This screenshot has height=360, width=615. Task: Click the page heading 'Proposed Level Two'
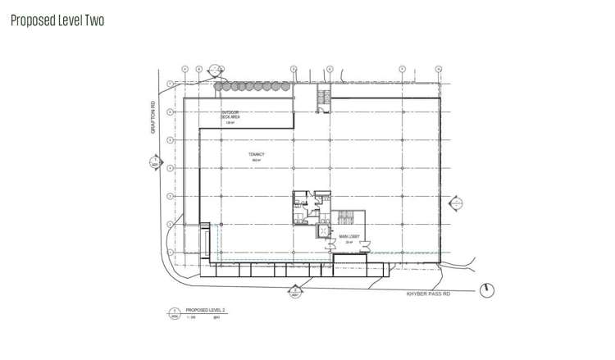pyautogui.click(x=57, y=20)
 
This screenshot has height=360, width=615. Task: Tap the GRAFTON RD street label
pyautogui.click(x=153, y=116)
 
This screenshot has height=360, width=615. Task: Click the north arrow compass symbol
pyautogui.click(x=490, y=290)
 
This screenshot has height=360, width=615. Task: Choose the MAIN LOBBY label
pyautogui.click(x=350, y=237)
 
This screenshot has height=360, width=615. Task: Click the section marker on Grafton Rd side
pyautogui.click(x=155, y=163)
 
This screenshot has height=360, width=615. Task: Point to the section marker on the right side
pyautogui.click(x=457, y=203)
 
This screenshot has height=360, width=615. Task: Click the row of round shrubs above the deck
pyautogui.click(x=252, y=85)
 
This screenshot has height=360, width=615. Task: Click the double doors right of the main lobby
pyautogui.click(x=368, y=244)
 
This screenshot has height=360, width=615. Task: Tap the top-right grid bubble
pyautogui.click(x=439, y=69)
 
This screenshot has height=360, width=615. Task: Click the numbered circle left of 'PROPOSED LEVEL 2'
pyautogui.click(x=174, y=312)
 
